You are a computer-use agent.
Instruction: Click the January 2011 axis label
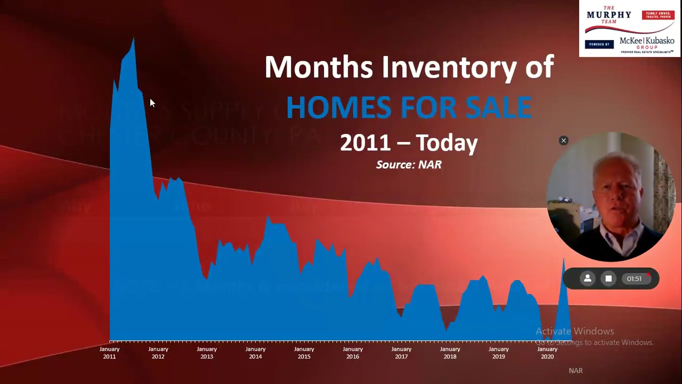point(109,353)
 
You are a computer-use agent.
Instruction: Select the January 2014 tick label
point(255,353)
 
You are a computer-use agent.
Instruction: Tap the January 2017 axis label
point(401,353)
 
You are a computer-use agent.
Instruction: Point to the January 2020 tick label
point(547,353)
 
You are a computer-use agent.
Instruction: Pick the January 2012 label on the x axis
point(158,353)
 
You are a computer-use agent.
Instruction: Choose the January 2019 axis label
point(499,353)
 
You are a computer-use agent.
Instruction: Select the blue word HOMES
point(338,107)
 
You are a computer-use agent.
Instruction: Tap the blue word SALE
point(498,107)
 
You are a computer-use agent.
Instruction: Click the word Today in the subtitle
point(446,142)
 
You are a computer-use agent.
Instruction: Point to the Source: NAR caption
point(409,165)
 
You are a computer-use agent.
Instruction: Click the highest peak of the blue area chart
point(133,39)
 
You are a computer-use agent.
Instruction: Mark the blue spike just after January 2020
point(563,261)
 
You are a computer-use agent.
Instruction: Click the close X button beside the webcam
point(563,140)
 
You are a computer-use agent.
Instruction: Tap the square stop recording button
point(608,278)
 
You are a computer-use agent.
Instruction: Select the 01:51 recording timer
point(634,278)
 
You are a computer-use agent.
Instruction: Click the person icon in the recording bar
point(588,278)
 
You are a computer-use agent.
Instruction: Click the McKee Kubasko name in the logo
point(646,42)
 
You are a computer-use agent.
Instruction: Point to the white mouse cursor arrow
point(152,103)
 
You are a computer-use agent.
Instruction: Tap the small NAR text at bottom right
point(575,371)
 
